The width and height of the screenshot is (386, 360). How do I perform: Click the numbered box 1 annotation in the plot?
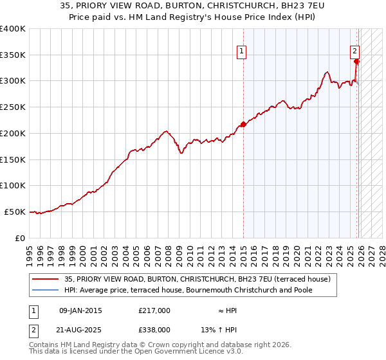click(241, 53)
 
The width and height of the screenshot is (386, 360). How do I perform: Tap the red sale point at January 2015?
click(243, 124)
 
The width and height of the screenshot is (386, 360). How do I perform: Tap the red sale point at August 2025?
click(357, 62)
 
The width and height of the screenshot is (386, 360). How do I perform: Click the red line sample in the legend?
click(45, 280)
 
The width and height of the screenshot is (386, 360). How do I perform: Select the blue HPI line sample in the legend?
click(45, 291)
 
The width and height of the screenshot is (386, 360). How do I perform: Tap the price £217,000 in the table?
click(154, 310)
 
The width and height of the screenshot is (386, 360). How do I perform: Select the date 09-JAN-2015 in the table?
click(80, 310)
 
